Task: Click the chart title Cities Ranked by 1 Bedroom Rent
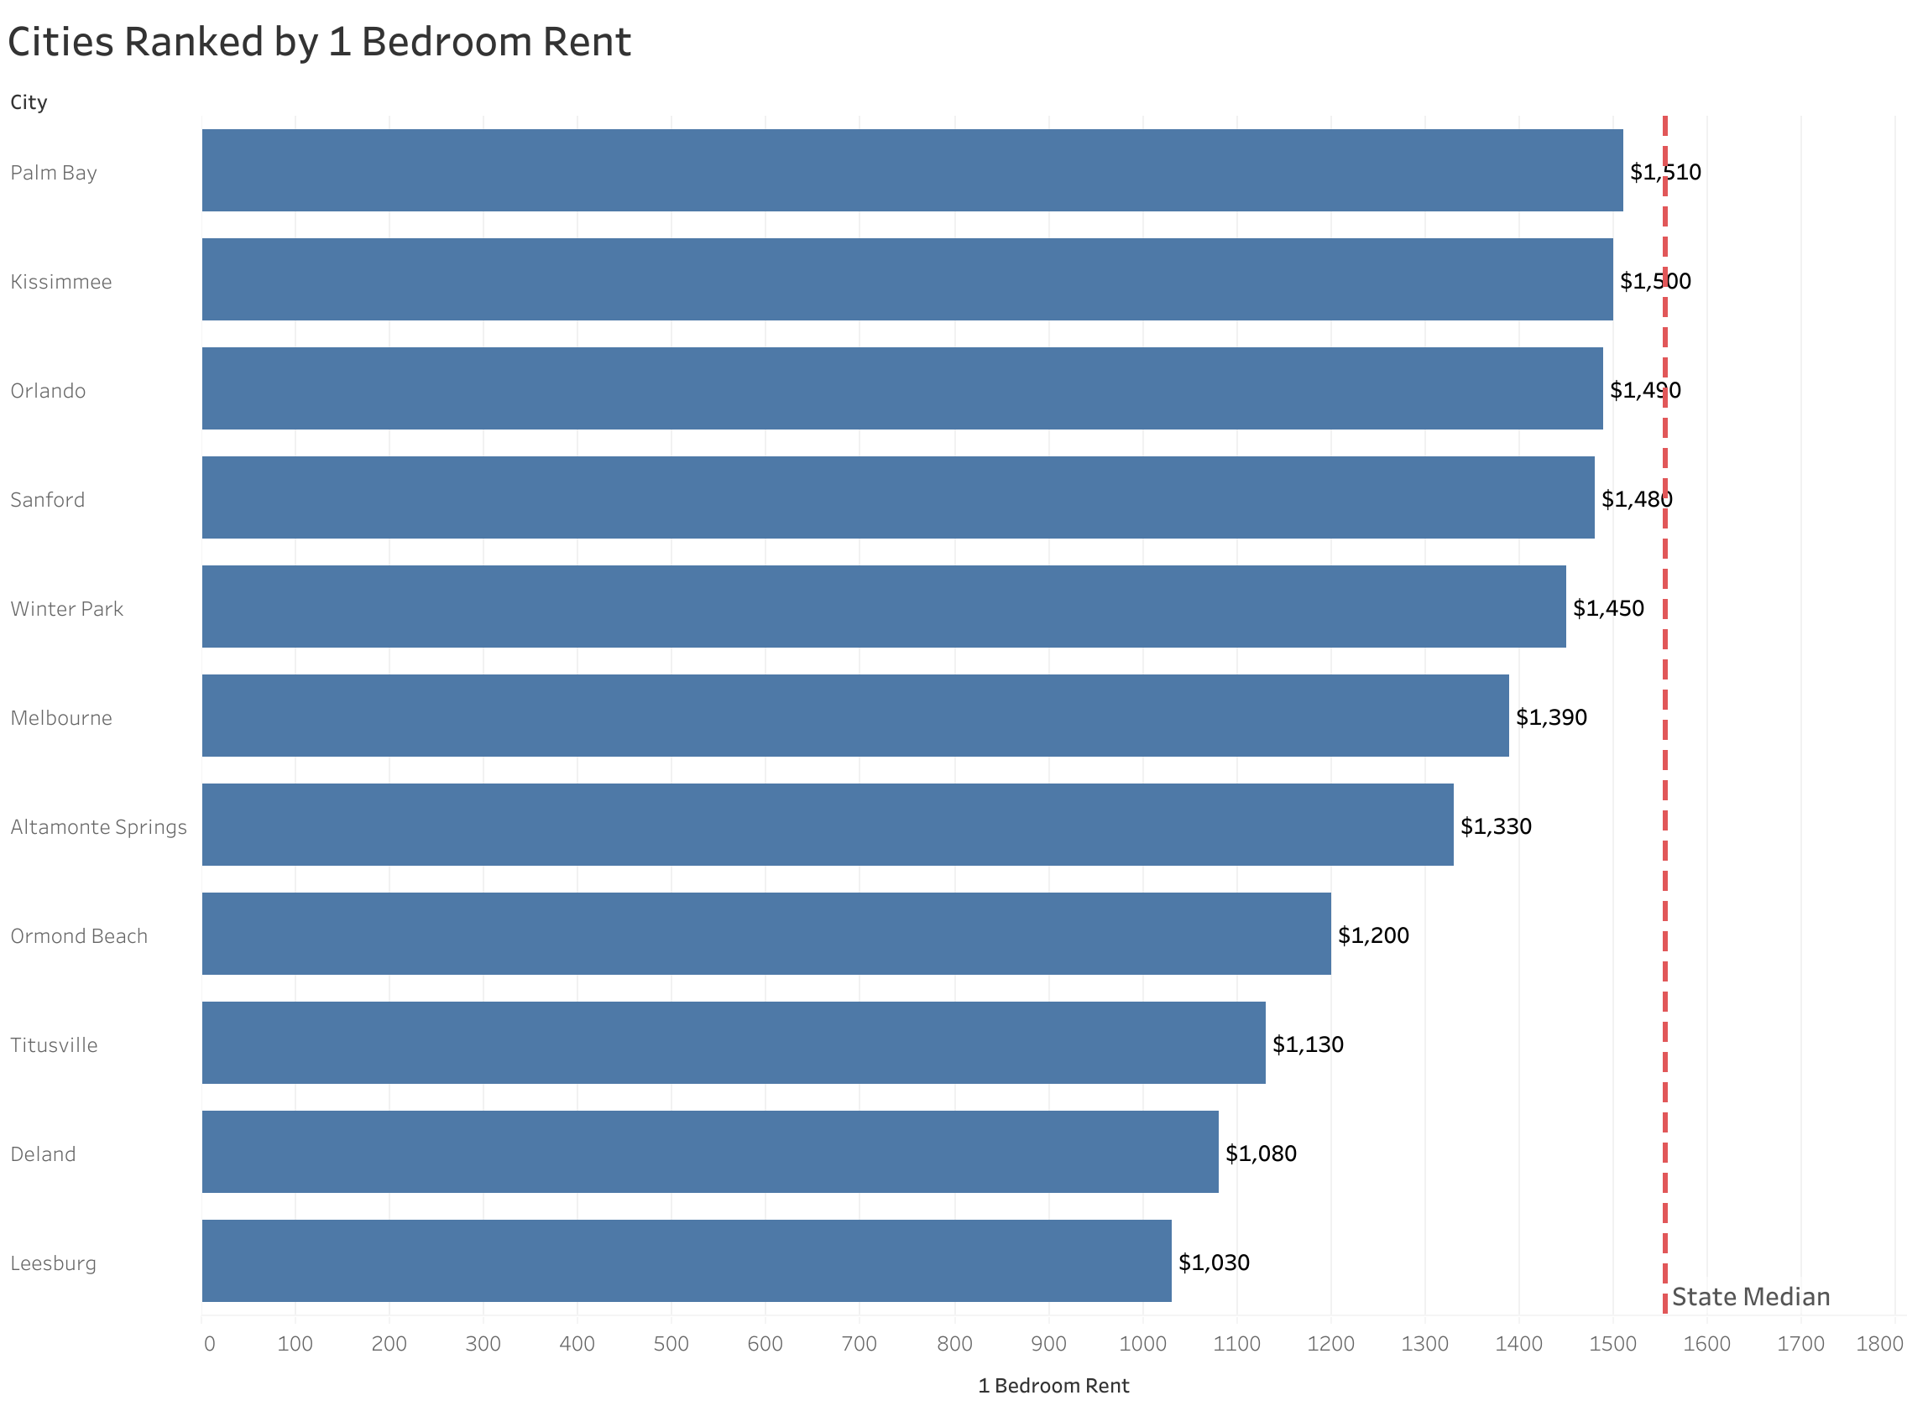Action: point(319,43)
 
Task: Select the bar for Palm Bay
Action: point(912,170)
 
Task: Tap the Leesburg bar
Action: point(686,1261)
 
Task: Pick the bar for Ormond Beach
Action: point(765,934)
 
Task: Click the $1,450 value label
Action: point(1608,608)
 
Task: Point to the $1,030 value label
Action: point(1213,1263)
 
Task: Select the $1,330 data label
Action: point(1495,826)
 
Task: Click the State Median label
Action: point(1750,1297)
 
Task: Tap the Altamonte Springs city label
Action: point(98,827)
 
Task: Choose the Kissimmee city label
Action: point(60,282)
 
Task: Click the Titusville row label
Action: point(54,1044)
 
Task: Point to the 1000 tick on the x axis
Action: point(1142,1344)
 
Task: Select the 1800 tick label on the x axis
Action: point(1878,1344)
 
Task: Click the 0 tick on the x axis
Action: point(209,1344)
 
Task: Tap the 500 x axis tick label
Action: point(671,1344)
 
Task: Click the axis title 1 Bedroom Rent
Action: point(1053,1385)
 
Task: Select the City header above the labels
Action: point(29,102)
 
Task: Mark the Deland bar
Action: point(709,1151)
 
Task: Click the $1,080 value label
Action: point(1260,1153)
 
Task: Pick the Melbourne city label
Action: point(60,717)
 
